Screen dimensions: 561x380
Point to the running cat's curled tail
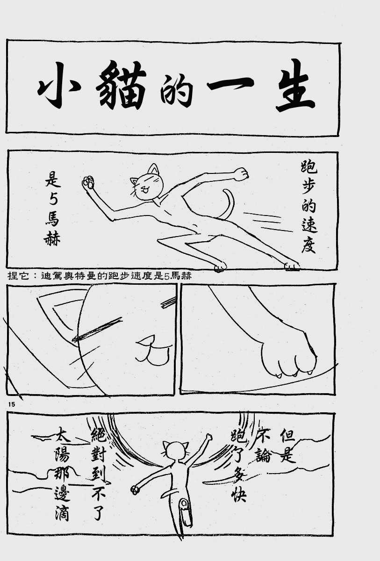228,203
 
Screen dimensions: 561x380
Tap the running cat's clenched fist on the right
242,174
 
